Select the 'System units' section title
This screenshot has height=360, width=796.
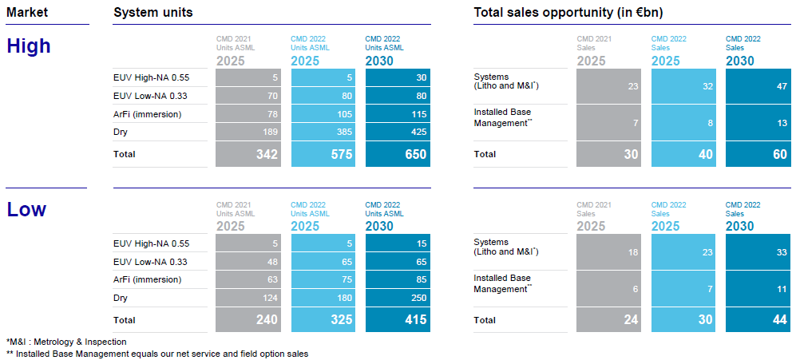[152, 12]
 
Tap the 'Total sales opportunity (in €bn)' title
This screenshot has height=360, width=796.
[568, 12]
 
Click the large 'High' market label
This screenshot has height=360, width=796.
[29, 46]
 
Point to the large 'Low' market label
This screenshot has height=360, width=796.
[26, 210]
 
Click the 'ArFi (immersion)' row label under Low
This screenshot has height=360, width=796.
[148, 279]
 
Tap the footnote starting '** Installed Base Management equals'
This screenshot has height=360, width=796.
[157, 353]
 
